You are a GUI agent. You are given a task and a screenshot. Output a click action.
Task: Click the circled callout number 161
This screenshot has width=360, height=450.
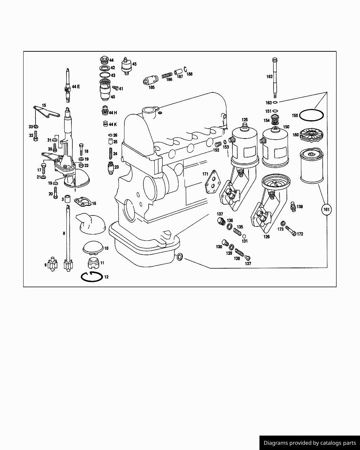tap(327, 210)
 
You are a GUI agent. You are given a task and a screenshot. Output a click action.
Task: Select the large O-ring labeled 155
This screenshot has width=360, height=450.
tap(311, 115)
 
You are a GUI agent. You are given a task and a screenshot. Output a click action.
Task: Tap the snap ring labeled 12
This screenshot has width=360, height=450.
tap(91, 277)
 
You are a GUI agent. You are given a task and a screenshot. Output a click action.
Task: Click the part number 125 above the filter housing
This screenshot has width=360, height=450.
tap(244, 120)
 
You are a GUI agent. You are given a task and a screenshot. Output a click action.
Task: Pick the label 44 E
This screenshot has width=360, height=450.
tap(76, 86)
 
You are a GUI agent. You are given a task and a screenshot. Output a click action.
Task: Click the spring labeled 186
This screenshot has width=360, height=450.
tap(167, 75)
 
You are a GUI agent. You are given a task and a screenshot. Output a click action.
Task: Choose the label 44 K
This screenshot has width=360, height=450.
tap(112, 124)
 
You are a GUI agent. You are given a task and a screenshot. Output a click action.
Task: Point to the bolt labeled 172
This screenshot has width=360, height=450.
tap(290, 231)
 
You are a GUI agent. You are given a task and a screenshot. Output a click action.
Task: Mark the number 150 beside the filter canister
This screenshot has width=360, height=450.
tap(286, 127)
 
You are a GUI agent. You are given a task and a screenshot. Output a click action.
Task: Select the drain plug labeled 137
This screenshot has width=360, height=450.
tap(221, 221)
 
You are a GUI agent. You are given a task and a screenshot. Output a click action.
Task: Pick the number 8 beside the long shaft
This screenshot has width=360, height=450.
tap(64, 233)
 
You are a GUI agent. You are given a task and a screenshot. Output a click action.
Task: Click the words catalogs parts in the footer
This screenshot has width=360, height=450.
tap(339, 443)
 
